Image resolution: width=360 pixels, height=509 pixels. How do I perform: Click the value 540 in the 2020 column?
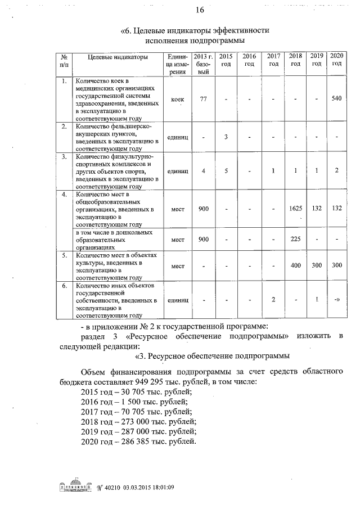coord(336,98)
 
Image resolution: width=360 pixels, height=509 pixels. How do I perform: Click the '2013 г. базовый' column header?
coord(203,64)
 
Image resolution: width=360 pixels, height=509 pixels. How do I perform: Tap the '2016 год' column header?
coord(249,60)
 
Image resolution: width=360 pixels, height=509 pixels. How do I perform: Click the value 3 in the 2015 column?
coord(226,137)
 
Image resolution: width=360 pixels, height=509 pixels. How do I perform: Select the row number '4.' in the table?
coord(64,195)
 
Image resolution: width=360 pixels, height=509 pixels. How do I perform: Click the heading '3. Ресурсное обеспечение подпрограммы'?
coord(212,355)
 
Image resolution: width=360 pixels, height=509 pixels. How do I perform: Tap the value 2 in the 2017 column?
coord(273,299)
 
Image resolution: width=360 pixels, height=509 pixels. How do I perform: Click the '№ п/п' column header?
coord(64,60)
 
